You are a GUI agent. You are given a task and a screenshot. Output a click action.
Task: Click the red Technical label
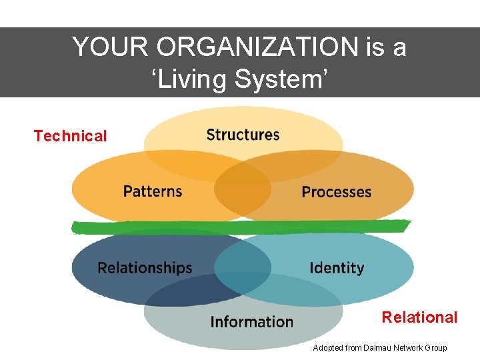[x=70, y=136]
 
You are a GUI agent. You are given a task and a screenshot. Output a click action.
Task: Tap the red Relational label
[x=419, y=317]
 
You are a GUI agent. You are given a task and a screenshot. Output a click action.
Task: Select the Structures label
[x=243, y=135]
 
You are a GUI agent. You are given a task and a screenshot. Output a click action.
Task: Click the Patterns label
[x=153, y=191]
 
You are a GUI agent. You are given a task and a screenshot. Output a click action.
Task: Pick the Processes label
[x=336, y=192]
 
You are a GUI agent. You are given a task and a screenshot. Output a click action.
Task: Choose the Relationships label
[x=145, y=268]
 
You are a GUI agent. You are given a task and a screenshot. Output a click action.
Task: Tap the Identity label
[x=337, y=268]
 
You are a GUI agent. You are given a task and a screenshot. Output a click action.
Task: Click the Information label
[x=251, y=322]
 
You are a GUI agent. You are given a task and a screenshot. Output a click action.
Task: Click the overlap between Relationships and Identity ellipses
[x=243, y=267]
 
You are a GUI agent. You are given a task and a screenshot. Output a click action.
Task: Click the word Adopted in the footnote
[x=328, y=348]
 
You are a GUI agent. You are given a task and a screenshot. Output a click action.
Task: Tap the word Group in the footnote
[x=436, y=348]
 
